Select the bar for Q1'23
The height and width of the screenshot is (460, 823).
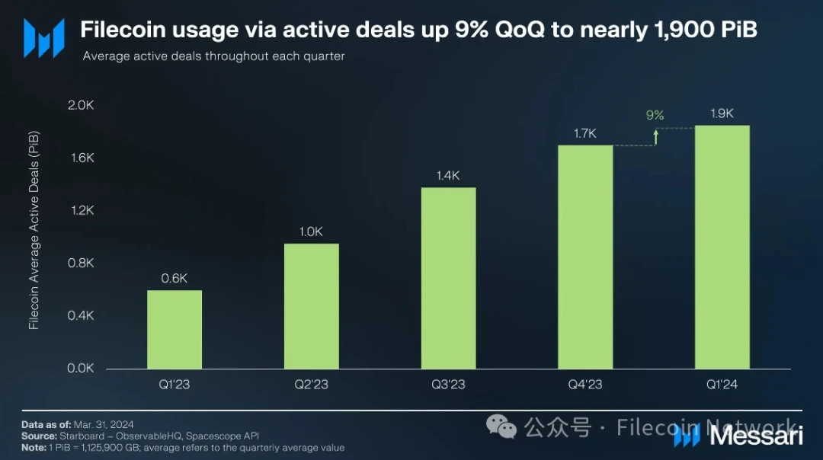pyautogui.click(x=175, y=330)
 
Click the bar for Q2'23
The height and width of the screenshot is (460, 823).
pyautogui.click(x=312, y=306)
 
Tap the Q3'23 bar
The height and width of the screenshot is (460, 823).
pyautogui.click(x=448, y=278)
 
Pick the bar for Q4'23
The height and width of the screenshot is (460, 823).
pyautogui.click(x=585, y=257)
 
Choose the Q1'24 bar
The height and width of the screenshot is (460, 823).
pyautogui.click(x=722, y=247)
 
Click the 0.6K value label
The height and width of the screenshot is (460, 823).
pyautogui.click(x=175, y=279)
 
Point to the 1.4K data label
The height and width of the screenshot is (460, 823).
pyautogui.click(x=448, y=176)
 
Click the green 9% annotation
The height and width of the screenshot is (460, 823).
pyautogui.click(x=655, y=116)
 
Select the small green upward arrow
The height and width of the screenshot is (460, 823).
pyautogui.click(x=655, y=136)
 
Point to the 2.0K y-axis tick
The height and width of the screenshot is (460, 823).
pyautogui.click(x=81, y=105)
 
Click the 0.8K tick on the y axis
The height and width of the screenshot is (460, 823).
pyautogui.click(x=81, y=263)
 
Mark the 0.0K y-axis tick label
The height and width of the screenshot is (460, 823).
pyautogui.click(x=81, y=368)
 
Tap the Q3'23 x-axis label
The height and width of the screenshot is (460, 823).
pyautogui.click(x=448, y=385)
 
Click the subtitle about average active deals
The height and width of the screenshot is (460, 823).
pyautogui.click(x=213, y=56)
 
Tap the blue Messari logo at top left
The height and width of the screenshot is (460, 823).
pyautogui.click(x=43, y=38)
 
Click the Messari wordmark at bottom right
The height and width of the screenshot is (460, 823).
pyautogui.click(x=756, y=436)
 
